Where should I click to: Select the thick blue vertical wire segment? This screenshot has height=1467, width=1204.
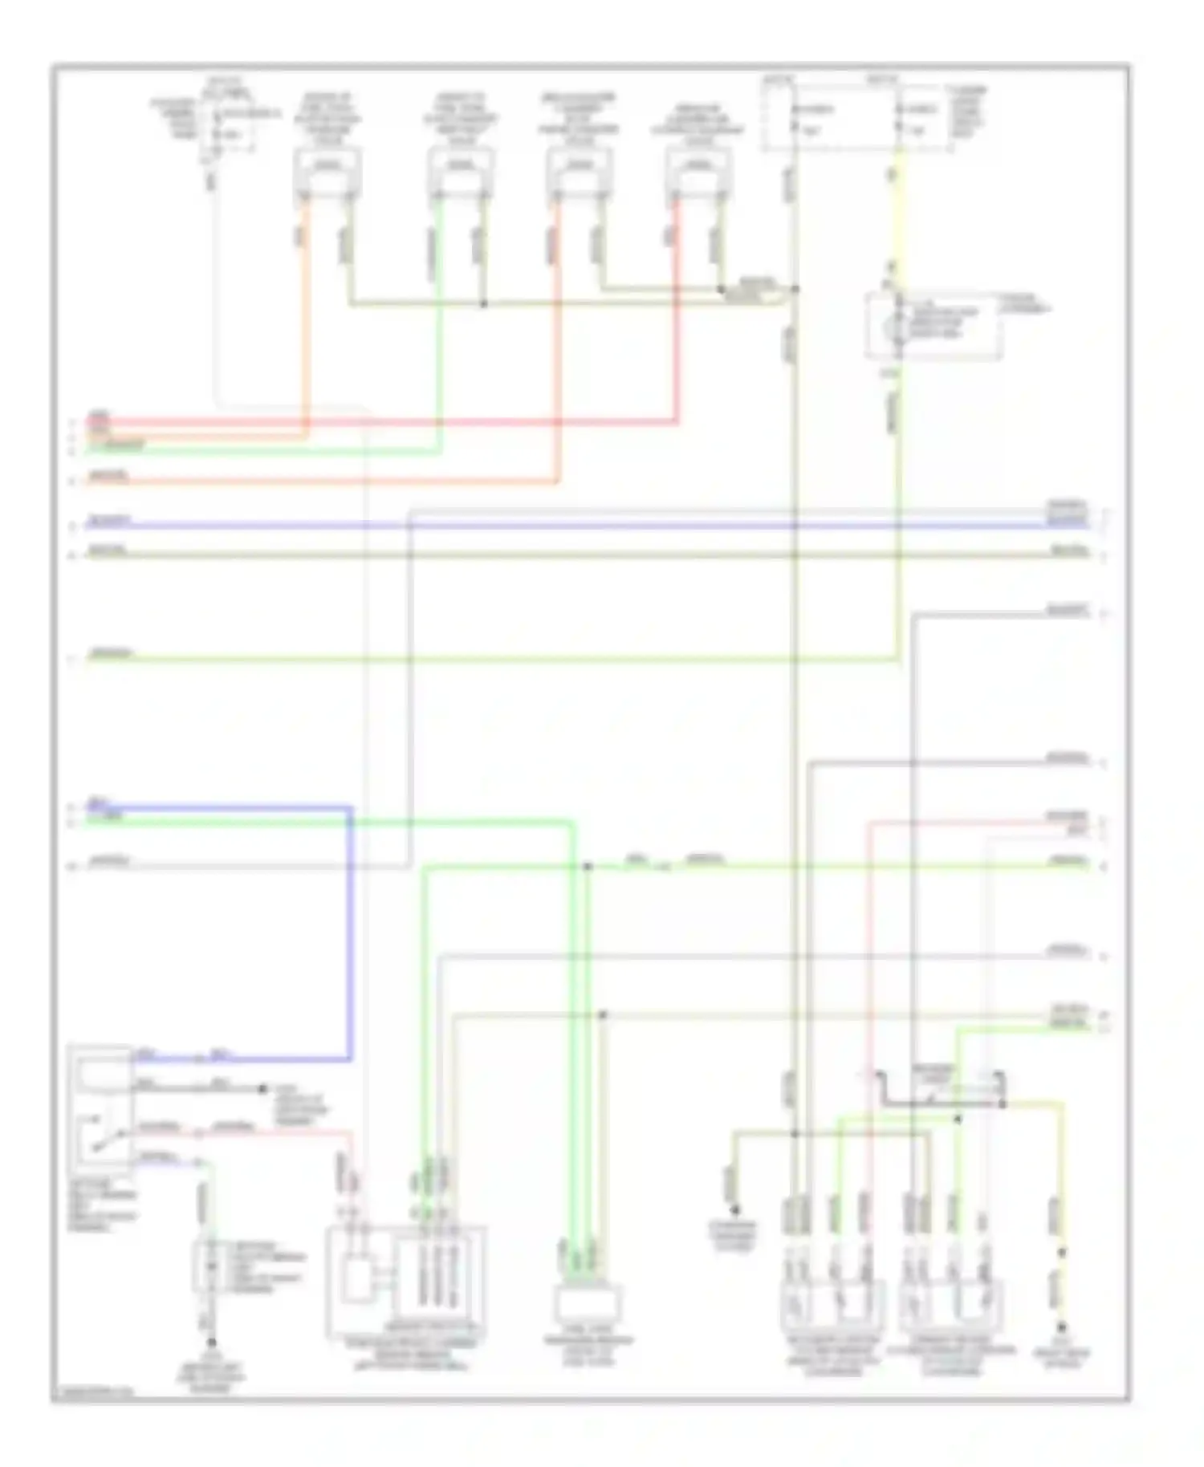pyautogui.click(x=350, y=931)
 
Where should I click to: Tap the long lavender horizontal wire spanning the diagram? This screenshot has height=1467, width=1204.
pyautogui.click(x=562, y=526)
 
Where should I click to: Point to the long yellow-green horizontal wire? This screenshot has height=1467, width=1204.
pyautogui.click(x=482, y=660)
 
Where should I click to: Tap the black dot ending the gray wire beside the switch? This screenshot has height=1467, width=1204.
pyautogui.click(x=262, y=1089)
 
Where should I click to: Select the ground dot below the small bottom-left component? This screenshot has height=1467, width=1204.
pyautogui.click(x=212, y=1342)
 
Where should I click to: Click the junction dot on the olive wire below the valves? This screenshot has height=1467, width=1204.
pyautogui.click(x=483, y=304)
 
